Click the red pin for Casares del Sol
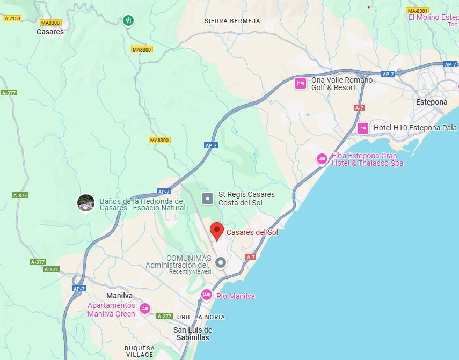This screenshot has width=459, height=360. pyautogui.click(x=216, y=231)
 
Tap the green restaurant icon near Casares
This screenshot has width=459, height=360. pyautogui.click(x=128, y=21)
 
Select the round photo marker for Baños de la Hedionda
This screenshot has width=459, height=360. pyautogui.click(x=86, y=203)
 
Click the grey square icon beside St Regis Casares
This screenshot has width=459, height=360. pyautogui.click(x=208, y=199)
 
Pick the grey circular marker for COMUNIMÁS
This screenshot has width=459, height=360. pyautogui.click(x=221, y=262)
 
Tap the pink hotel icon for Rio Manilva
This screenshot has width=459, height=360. pyautogui.click(x=207, y=295)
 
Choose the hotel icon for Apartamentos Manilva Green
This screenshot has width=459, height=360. pyautogui.click(x=144, y=308)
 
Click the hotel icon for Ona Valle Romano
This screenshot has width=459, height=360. pyautogui.click(x=301, y=83)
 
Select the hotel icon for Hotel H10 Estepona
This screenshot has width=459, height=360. pyautogui.click(x=363, y=128)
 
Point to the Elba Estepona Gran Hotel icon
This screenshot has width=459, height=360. pyautogui.click(x=322, y=158)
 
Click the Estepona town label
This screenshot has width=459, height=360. pyautogui.click(x=432, y=102)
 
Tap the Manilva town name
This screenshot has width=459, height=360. pyautogui.click(x=119, y=296)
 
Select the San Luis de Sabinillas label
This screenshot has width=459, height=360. pyautogui.click(x=193, y=334)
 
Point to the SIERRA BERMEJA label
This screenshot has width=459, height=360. pyautogui.click(x=232, y=21)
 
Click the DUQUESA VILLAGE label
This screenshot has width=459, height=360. pyautogui.click(x=140, y=351)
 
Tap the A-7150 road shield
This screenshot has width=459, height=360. pyautogui.click(x=12, y=18)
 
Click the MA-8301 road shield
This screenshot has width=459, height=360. pyautogui.click(x=417, y=11)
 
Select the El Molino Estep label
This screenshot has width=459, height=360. pyautogui.click(x=433, y=17)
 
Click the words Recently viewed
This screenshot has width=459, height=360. pyautogui.click(x=190, y=272)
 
